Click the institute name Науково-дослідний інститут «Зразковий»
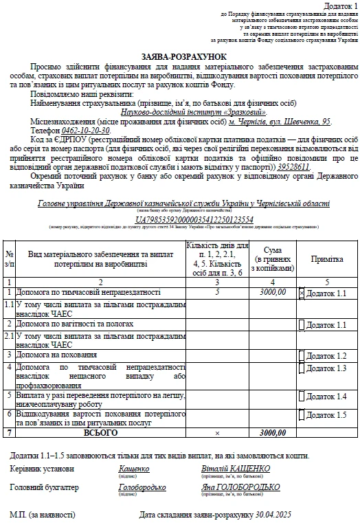point(194,112)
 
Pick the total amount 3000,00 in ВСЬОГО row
point(273,433)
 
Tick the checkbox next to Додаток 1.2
point(302,355)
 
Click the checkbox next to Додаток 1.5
point(302,415)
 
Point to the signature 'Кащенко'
point(133,469)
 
